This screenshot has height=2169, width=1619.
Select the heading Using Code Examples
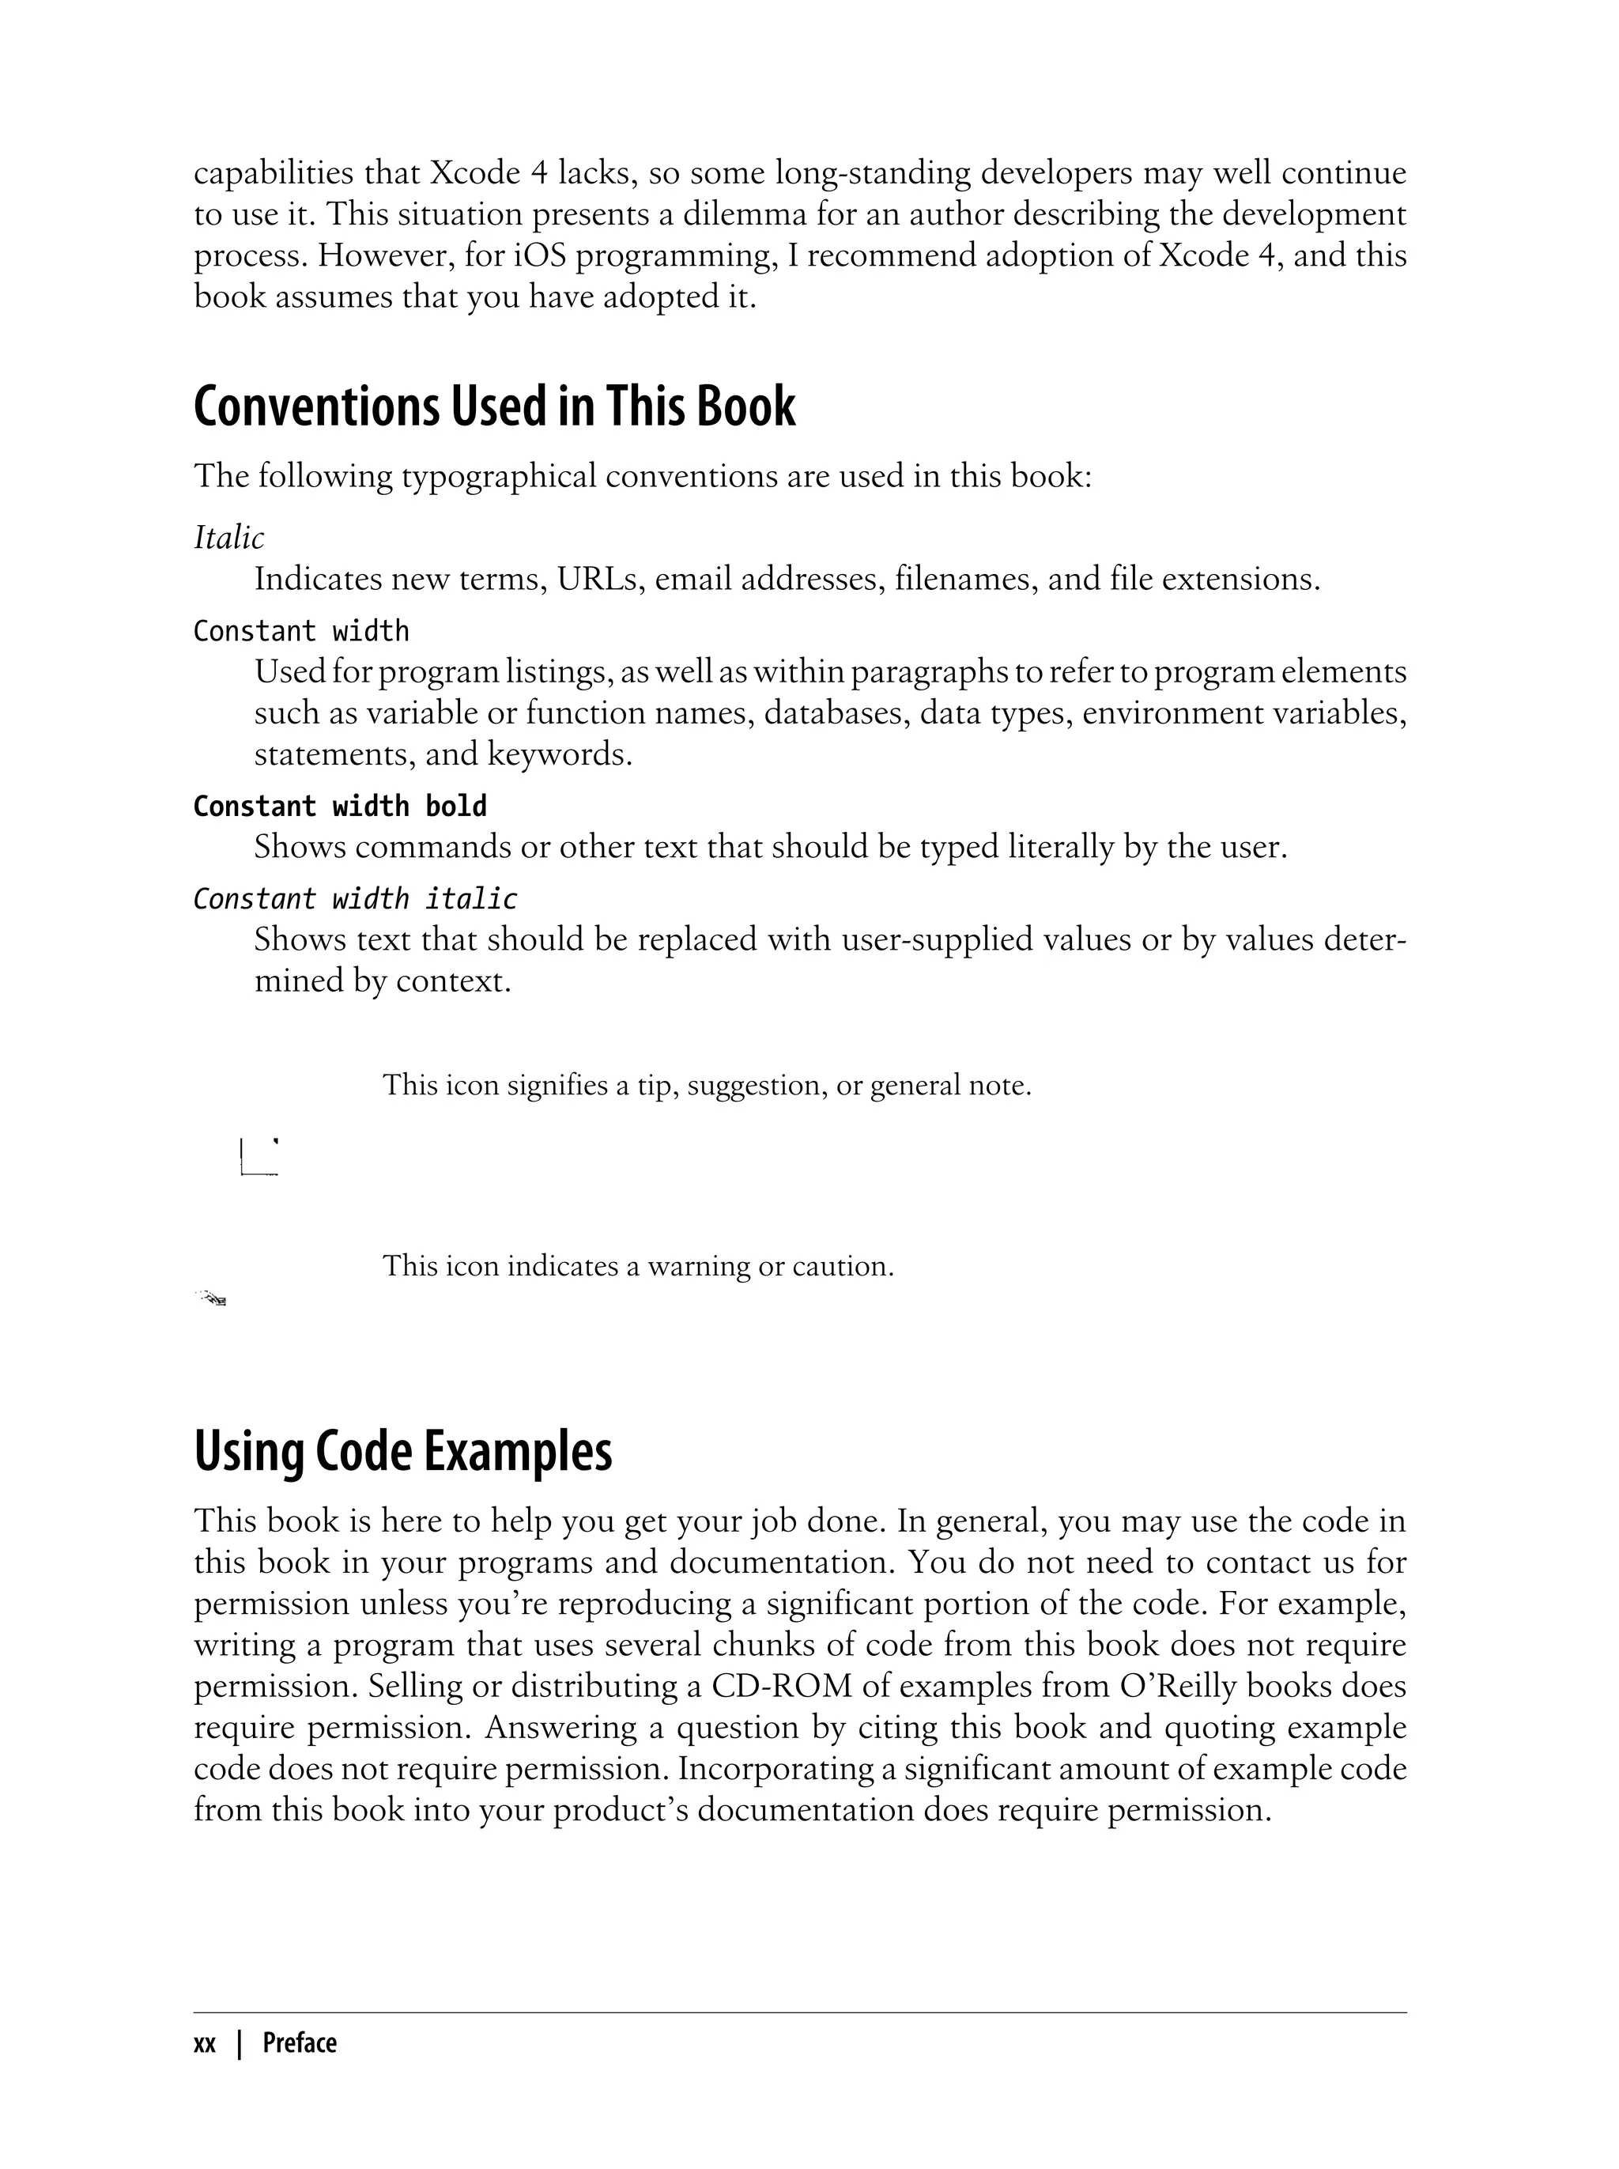coord(403,1452)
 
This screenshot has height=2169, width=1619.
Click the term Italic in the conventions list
coord(228,538)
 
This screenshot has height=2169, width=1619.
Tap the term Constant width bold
coord(339,806)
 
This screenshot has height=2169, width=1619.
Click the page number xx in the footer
coord(204,2043)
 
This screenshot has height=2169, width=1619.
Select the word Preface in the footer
coord(299,2043)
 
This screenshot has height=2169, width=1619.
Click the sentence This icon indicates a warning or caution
coord(638,1266)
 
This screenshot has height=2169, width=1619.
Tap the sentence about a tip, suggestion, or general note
coord(707,1086)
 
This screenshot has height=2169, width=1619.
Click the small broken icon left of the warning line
coord(212,1298)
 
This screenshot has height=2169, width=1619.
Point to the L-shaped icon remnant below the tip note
coord(259,1158)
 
